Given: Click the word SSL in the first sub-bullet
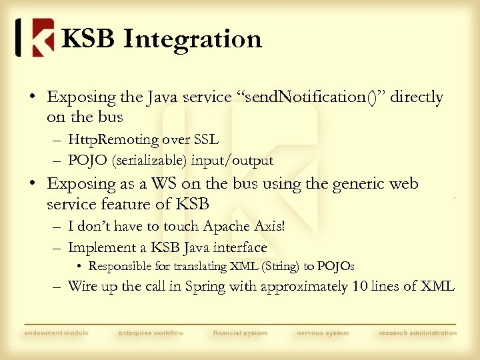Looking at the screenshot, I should (205, 140).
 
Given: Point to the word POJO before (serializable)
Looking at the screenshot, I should (85, 160).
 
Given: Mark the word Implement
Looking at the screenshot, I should (97, 247).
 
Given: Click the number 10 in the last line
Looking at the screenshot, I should (341, 287).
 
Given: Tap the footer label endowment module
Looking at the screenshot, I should (56, 333).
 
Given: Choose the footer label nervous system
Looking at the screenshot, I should (323, 333).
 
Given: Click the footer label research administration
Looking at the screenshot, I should (418, 333).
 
